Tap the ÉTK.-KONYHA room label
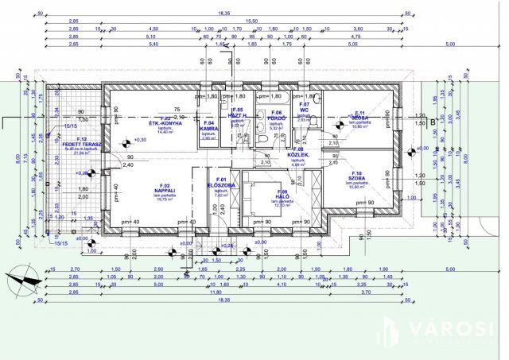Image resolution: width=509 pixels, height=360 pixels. [165, 125]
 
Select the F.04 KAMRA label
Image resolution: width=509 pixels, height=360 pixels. [209, 127]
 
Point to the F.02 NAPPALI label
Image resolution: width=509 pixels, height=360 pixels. [165, 192]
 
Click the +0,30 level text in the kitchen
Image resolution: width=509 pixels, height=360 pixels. [141, 141]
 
